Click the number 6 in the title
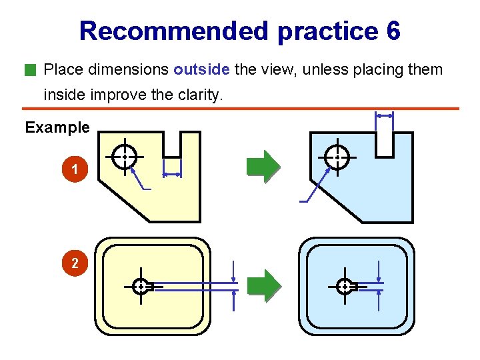pos(393,31)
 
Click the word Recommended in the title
pos(173,31)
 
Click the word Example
pos(57,127)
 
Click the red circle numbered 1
pos(75,171)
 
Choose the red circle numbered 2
pos(75,263)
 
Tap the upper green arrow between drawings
pos(263,166)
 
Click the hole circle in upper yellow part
pos(124,157)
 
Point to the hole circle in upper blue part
pos(337,157)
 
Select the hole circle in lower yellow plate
pos(141,287)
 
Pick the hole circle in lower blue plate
pos(344,287)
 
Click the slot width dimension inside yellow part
pos(172,174)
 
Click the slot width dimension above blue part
pos(385,115)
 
